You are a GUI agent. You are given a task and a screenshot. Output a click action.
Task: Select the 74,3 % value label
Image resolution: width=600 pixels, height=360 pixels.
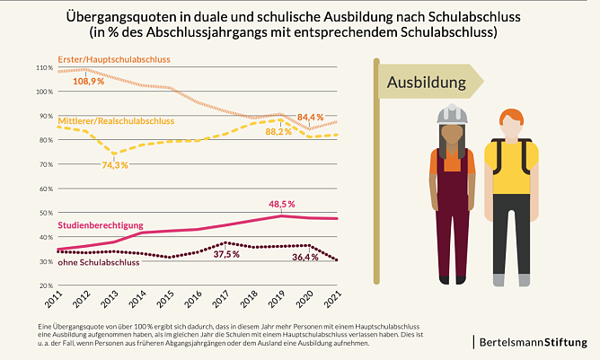tap(115, 165)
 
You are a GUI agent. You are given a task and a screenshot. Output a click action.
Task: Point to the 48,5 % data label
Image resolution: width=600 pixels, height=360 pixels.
tap(281, 204)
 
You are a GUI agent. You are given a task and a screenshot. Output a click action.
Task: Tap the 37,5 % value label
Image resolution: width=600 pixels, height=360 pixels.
tap(226, 254)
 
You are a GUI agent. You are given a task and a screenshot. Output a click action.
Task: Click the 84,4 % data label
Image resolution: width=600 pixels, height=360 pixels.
tap(310, 118)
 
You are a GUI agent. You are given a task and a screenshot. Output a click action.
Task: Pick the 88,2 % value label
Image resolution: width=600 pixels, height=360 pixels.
tap(278, 132)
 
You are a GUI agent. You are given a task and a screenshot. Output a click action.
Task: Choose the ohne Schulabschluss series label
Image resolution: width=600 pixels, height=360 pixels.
tap(97, 262)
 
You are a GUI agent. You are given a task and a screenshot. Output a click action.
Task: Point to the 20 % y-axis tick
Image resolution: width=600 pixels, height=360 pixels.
tap(45, 285)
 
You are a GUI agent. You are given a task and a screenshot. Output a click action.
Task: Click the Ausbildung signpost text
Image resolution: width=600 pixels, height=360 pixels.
tap(426, 83)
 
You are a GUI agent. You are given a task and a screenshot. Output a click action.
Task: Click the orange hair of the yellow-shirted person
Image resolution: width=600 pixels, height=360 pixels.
tap(511, 116)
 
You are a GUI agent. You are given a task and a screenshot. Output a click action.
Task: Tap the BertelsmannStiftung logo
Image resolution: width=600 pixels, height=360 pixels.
tap(535, 342)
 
